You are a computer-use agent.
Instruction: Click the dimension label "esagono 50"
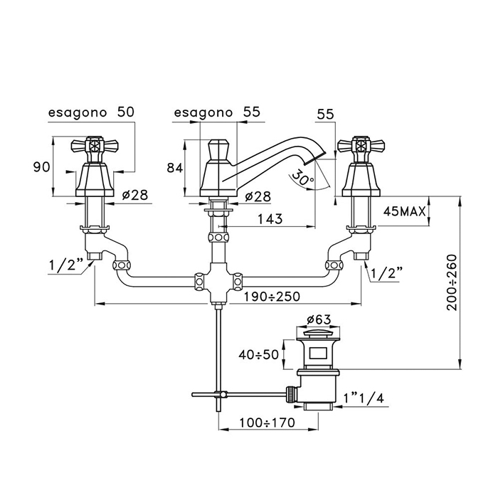point(90,112)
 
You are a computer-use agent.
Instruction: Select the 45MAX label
point(403,211)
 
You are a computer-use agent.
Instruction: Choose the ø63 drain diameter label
point(316,319)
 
